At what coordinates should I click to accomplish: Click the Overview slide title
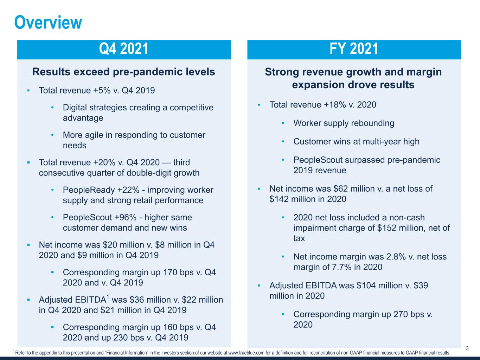pyautogui.click(x=48, y=22)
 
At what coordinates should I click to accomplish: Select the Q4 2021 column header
pyautogui.click(x=124, y=49)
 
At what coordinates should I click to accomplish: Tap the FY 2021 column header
pyautogui.click(x=354, y=49)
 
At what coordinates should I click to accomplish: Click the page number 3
pyautogui.click(x=467, y=348)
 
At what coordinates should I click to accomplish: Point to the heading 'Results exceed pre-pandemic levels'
pyautogui.click(x=123, y=72)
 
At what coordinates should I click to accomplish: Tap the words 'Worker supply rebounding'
pyautogui.click(x=344, y=123)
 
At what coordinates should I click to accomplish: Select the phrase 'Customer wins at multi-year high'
pyautogui.click(x=356, y=142)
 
